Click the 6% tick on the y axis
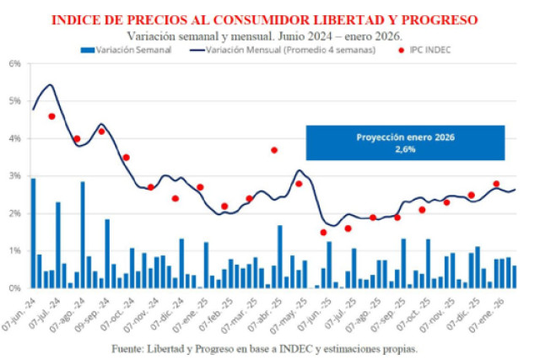click(x=14, y=63)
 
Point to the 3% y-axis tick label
click(x=14, y=175)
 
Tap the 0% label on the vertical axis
click(x=14, y=288)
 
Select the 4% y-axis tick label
click(x=14, y=138)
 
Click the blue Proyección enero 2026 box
click(x=405, y=142)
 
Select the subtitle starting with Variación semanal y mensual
click(x=264, y=35)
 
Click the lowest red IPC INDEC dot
click(x=323, y=232)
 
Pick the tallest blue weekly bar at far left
click(x=34, y=233)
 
